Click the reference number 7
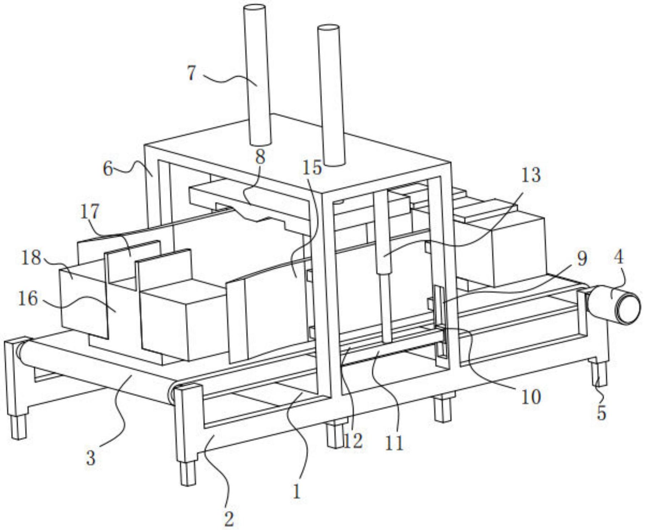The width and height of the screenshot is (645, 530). pyautogui.click(x=192, y=73)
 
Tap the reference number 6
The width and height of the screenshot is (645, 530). pyautogui.click(x=108, y=168)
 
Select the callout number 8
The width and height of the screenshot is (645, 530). pyautogui.click(x=260, y=157)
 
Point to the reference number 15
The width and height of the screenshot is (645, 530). pyautogui.click(x=312, y=167)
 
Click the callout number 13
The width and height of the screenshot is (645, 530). pyautogui.click(x=531, y=175)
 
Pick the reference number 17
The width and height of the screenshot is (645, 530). pyautogui.click(x=89, y=212)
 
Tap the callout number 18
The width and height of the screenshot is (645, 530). pyautogui.click(x=31, y=257)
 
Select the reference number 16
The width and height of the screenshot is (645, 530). pyautogui.click(x=28, y=298)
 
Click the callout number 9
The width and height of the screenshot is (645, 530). pyautogui.click(x=582, y=258)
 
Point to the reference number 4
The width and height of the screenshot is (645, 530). pyautogui.click(x=619, y=257)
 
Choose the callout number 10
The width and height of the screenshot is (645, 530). pyautogui.click(x=531, y=396)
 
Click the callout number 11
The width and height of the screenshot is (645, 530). pyautogui.click(x=394, y=442)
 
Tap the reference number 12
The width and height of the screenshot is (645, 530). pyautogui.click(x=353, y=440)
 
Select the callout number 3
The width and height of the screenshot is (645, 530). pyautogui.click(x=91, y=458)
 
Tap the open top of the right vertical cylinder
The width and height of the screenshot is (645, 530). pyautogui.click(x=329, y=27)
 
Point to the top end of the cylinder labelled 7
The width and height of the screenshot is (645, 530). pyautogui.click(x=255, y=8)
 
